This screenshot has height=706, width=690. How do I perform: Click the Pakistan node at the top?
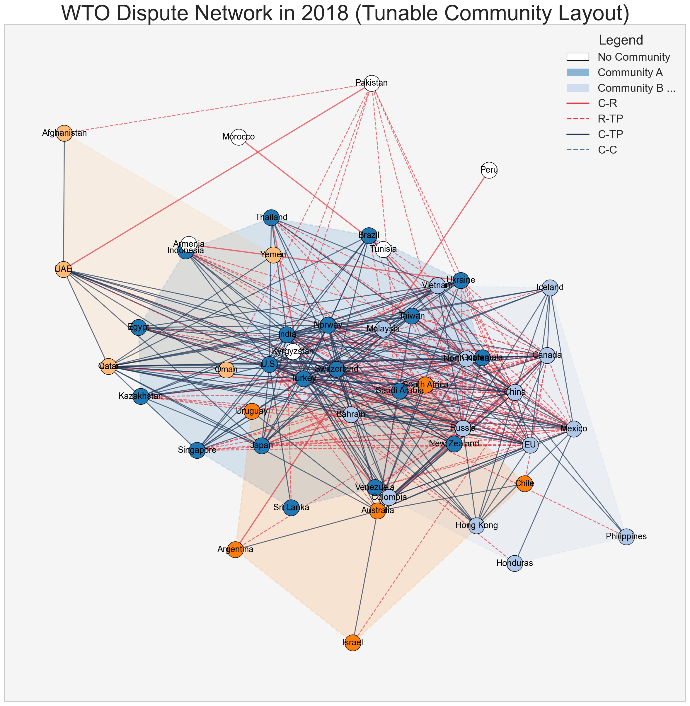[372, 83]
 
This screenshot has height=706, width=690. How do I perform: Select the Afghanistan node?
[64, 133]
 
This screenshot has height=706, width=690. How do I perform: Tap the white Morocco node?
[238, 137]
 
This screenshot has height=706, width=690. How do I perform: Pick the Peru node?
[489, 170]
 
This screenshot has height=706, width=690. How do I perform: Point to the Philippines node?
[626, 536]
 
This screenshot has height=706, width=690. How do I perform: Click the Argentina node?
[235, 550]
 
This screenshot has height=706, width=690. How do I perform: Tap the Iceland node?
[550, 288]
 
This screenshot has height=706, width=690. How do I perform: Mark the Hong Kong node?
[476, 525]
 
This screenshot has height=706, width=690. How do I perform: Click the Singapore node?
[197, 450]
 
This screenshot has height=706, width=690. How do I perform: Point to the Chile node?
[524, 484]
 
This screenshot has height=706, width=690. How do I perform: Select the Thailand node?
[271, 217]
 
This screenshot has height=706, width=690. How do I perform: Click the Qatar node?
[108, 366]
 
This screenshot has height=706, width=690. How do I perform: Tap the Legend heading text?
[621, 40]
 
